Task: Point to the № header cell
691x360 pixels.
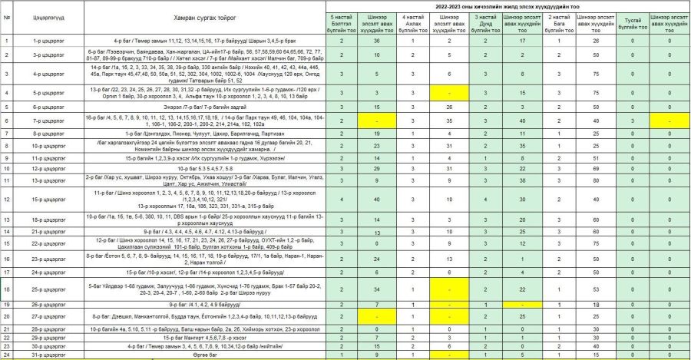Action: click(x=7, y=16)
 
